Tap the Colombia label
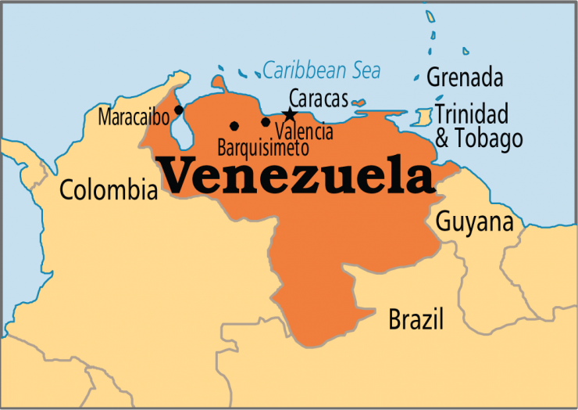109,189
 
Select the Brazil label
416,319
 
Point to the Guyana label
474,221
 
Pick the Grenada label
464,78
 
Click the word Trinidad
471,114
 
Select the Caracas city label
318,99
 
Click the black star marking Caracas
290,115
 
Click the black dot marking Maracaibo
179,110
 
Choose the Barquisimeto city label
263,146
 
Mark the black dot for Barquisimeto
234,125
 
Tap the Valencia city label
304,131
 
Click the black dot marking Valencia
266,121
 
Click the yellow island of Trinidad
423,118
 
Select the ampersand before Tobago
442,139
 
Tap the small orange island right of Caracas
359,102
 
